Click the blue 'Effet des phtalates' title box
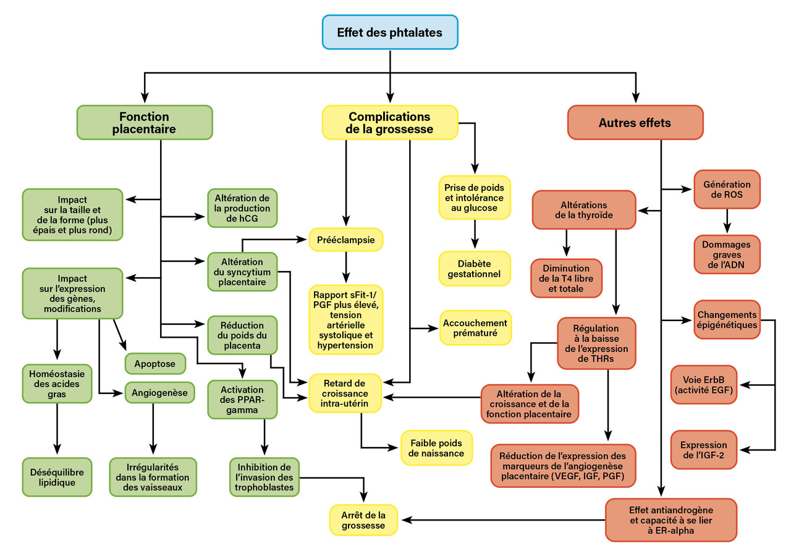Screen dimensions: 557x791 click(390, 32)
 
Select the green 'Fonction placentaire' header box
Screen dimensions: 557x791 click(144, 122)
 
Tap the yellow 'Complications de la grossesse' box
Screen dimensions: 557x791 click(389, 122)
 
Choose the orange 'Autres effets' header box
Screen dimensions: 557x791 click(635, 122)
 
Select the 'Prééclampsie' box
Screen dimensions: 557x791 click(345, 240)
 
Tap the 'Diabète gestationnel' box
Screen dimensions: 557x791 click(475, 269)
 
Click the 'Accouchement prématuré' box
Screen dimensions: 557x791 click(475, 328)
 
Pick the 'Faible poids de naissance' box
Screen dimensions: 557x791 click(436, 448)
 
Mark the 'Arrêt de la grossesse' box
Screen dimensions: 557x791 click(363, 520)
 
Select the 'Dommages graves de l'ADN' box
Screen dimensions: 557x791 click(726, 254)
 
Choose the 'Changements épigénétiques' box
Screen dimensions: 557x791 click(726, 320)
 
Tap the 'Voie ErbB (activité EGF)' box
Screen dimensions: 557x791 click(704, 385)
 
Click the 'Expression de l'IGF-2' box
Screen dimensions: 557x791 click(704, 450)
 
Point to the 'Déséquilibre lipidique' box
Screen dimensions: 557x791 click(57, 477)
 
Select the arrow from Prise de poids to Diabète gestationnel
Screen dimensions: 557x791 click(475, 235)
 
